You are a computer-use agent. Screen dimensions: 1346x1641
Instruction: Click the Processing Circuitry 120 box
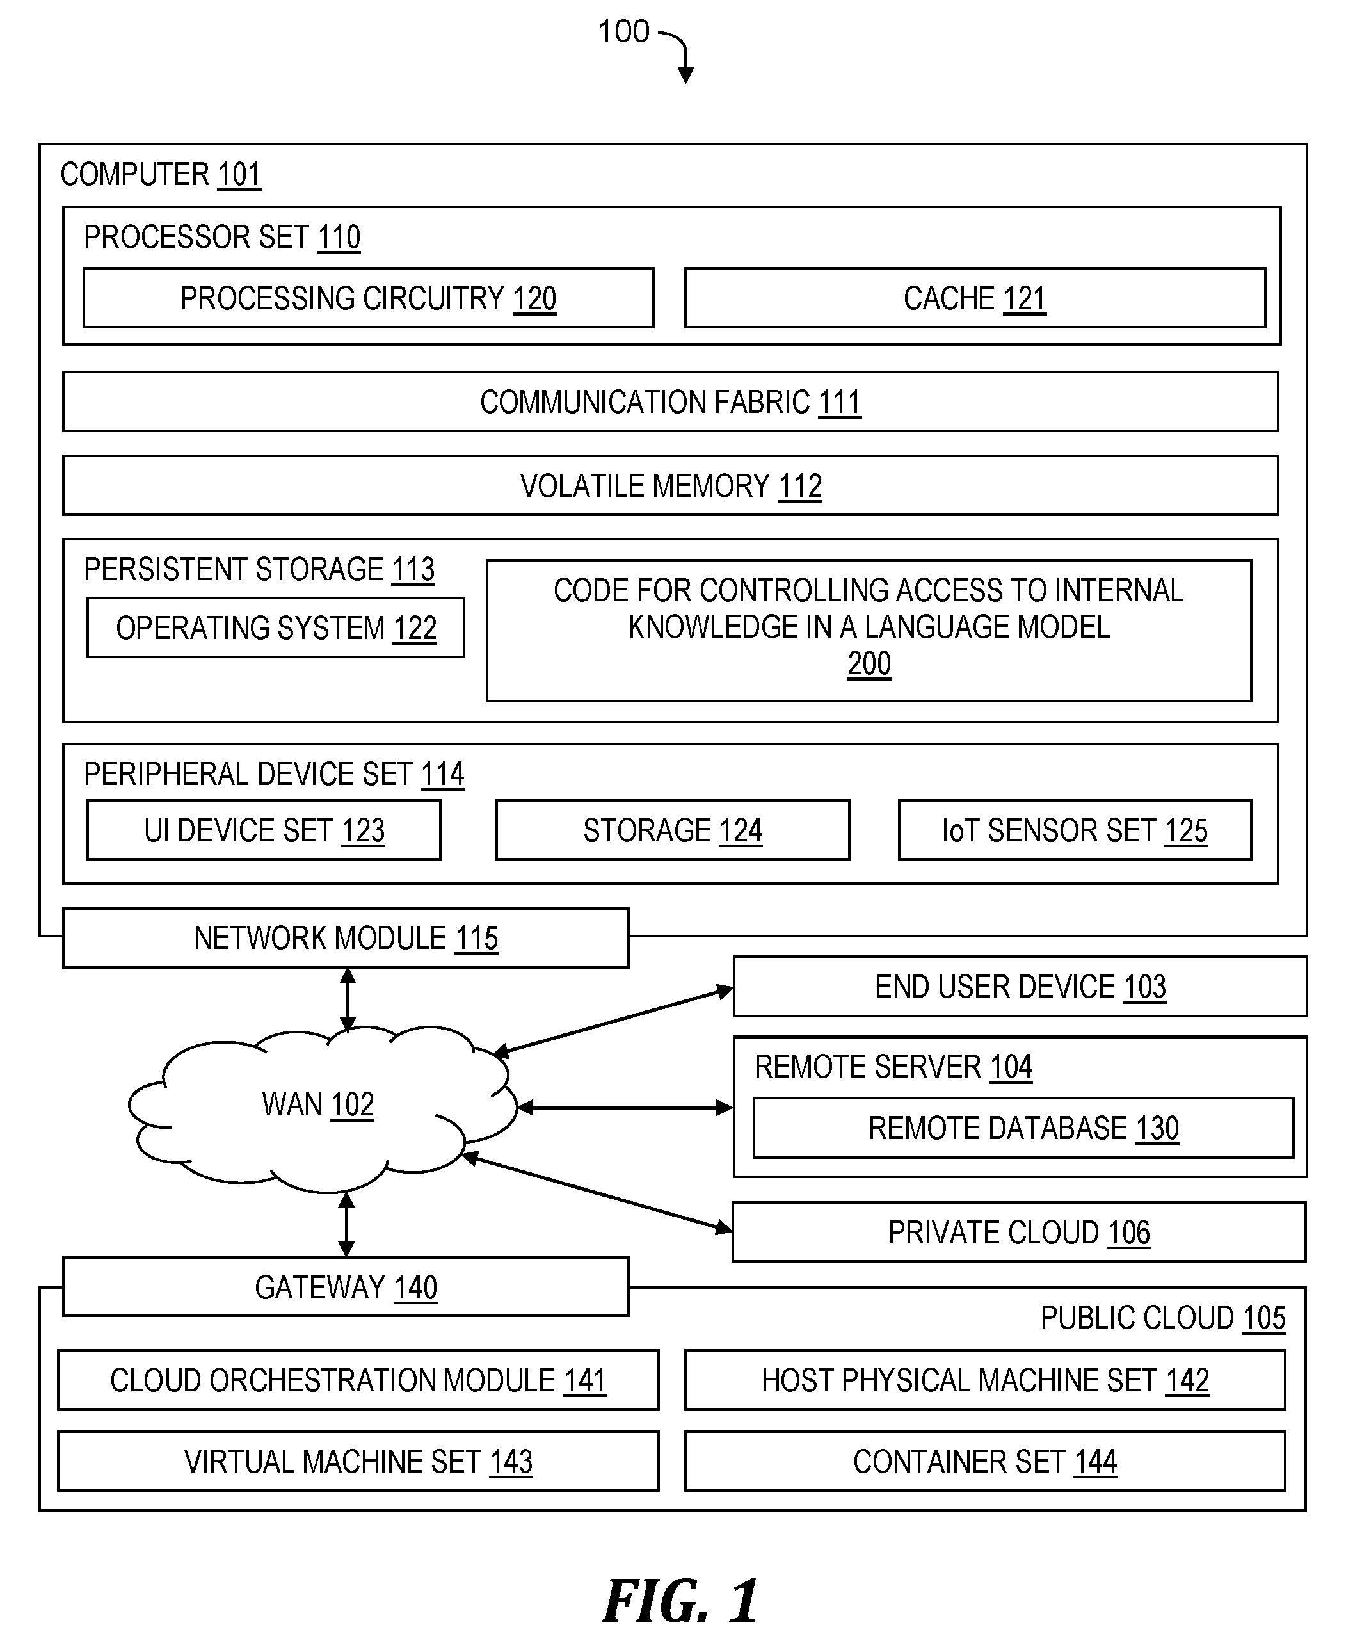tap(368, 298)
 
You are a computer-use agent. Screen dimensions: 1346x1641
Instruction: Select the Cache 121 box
tap(975, 298)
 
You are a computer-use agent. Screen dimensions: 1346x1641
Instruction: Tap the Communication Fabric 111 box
tap(671, 401)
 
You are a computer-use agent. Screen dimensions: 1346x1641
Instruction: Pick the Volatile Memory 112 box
tap(671, 485)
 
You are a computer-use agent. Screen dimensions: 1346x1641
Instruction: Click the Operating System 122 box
tap(276, 627)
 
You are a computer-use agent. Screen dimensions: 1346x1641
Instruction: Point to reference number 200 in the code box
tap(869, 664)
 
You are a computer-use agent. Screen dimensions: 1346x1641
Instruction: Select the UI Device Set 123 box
tap(264, 830)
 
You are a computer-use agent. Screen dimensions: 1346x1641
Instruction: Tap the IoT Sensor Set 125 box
tap(1075, 830)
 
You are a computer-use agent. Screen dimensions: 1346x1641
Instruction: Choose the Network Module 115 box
tap(346, 937)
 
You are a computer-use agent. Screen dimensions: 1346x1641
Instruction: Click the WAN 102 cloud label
tap(318, 1104)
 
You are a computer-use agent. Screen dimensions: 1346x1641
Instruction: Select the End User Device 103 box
tap(1020, 987)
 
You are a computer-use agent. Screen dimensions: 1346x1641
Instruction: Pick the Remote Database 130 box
tap(1023, 1128)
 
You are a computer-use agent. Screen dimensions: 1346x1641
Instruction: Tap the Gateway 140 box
tap(346, 1288)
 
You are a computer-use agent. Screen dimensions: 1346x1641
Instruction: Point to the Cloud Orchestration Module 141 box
tap(358, 1380)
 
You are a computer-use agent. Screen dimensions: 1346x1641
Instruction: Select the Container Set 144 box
tap(984, 1462)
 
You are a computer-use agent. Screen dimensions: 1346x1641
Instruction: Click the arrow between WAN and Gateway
tap(346, 1225)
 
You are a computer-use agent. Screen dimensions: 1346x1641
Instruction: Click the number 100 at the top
tap(623, 32)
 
